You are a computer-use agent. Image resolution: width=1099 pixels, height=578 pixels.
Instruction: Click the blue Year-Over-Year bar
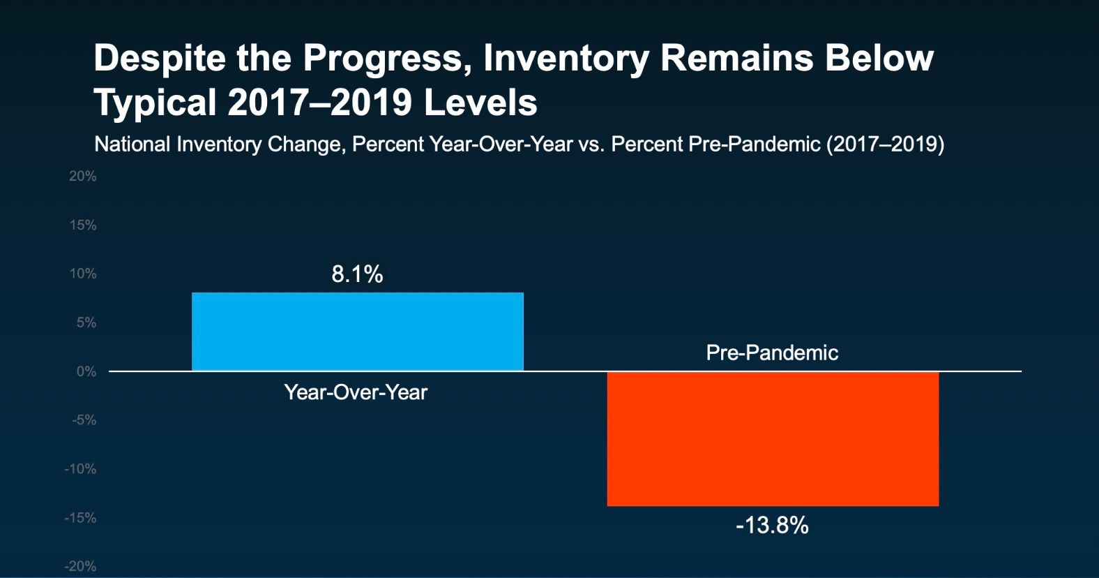(358, 332)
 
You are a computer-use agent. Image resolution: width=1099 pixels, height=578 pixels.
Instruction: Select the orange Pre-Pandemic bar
(773, 438)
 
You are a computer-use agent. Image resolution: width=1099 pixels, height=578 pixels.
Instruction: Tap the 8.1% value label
(357, 274)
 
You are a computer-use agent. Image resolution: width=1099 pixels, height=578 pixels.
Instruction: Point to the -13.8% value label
(772, 526)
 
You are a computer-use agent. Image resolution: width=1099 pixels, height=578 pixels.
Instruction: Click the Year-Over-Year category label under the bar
(356, 392)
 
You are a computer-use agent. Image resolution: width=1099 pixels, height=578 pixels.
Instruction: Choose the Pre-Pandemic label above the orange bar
(772, 353)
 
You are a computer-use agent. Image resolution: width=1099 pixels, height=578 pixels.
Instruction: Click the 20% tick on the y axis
(82, 177)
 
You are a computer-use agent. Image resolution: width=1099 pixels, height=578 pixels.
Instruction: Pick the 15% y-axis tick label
(83, 225)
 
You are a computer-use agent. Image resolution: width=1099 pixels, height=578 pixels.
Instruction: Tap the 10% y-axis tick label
(83, 274)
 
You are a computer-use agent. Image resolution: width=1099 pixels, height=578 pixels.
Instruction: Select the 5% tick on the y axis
(86, 323)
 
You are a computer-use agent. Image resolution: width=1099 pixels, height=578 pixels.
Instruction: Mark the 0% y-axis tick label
(86, 371)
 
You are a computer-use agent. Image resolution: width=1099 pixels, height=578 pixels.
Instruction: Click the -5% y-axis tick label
(84, 420)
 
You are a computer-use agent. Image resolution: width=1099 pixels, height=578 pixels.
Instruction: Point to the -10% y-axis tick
(80, 469)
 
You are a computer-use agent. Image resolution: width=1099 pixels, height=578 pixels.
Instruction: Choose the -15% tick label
(80, 517)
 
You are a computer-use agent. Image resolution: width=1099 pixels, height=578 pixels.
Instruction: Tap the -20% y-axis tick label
(80, 567)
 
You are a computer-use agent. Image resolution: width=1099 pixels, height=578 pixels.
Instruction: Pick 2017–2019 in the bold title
(319, 103)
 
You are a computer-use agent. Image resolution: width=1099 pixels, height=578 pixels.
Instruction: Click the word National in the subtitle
(132, 144)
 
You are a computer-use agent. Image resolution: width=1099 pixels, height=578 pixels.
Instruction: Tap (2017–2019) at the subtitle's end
(886, 144)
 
